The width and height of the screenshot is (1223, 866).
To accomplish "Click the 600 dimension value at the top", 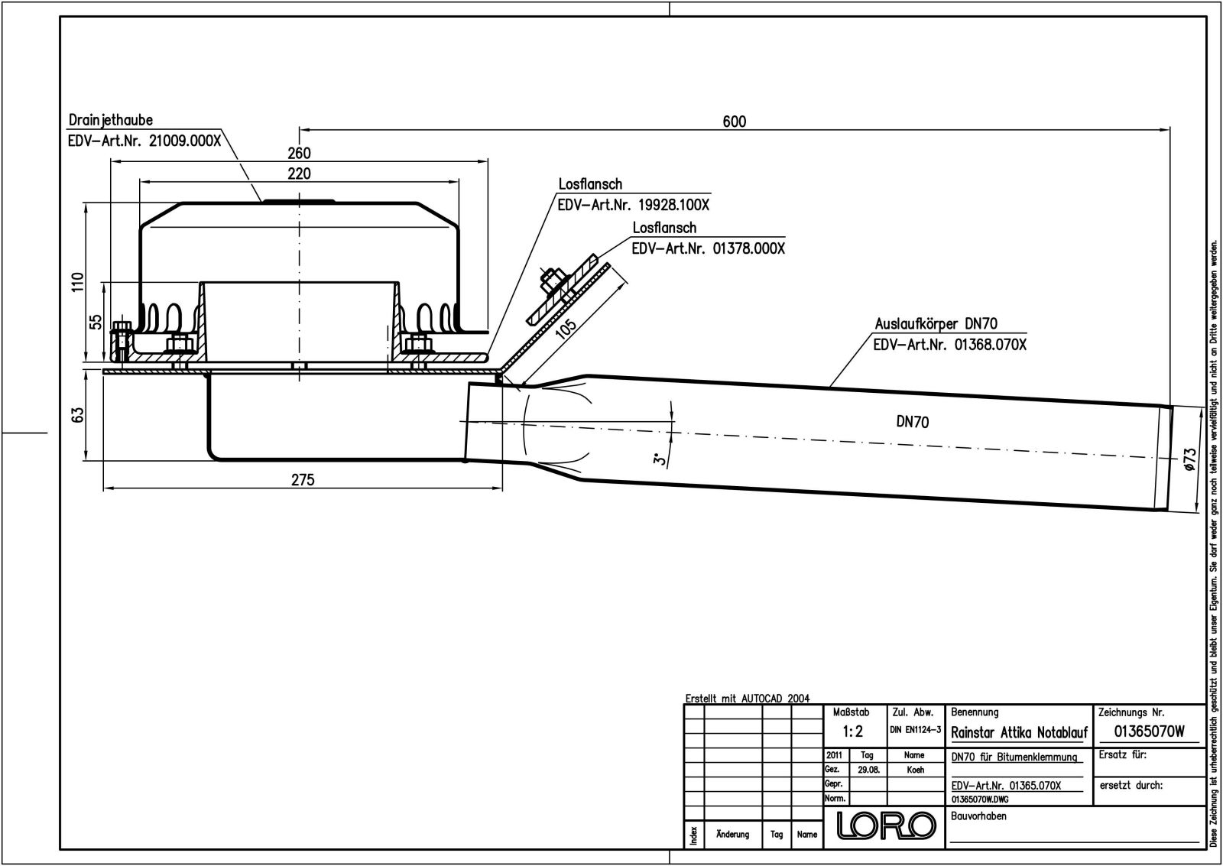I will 734,121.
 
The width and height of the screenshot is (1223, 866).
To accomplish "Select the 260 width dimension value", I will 299,153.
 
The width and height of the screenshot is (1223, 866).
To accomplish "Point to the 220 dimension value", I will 299,174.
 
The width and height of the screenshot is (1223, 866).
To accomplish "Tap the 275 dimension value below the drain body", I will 303,479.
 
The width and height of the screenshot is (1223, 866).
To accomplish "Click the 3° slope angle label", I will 659,459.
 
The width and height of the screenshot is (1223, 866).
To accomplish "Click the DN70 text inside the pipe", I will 912,422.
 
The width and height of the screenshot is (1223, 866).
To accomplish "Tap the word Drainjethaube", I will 111,120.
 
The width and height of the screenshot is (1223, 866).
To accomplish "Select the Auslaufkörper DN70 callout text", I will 936,324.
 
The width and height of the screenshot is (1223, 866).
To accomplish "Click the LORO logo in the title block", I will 887,825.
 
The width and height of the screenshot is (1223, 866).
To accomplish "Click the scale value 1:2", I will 852,731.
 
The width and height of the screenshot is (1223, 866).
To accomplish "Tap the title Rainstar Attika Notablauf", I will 1019,732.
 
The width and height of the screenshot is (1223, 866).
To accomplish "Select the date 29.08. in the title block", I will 868,770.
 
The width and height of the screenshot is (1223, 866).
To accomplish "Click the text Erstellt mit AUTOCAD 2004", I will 748,699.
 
